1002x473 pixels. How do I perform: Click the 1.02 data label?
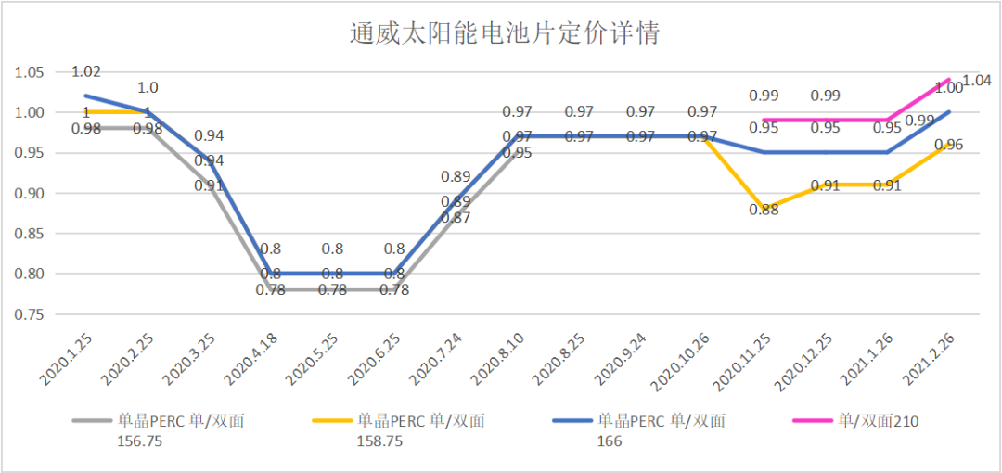[86, 71]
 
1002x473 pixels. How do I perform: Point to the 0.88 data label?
[764, 210]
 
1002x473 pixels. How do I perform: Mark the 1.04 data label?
[976, 81]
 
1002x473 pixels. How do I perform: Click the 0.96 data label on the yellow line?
[949, 145]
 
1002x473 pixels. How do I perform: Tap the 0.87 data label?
[455, 218]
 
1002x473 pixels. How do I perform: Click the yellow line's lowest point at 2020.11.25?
[764, 209]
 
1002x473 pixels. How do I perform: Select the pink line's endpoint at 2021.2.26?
[949, 81]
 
